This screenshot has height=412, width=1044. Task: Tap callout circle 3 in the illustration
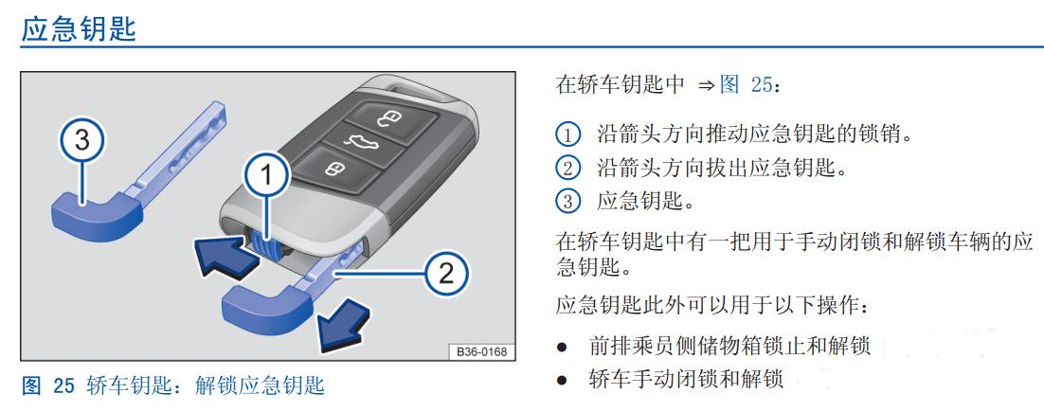[82, 141]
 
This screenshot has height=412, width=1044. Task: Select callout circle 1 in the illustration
[266, 174]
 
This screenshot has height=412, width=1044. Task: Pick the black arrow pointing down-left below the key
[342, 321]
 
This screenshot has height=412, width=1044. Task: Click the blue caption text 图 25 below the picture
[47, 385]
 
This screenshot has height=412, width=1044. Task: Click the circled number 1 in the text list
[567, 134]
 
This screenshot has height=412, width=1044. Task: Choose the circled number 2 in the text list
[567, 169]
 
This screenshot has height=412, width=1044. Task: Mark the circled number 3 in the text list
[567, 202]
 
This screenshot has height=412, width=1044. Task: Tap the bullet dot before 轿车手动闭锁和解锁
[562, 381]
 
